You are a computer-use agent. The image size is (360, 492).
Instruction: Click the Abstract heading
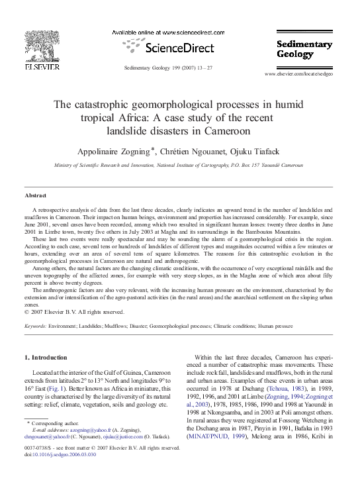35,197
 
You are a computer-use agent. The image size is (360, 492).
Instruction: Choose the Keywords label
36,326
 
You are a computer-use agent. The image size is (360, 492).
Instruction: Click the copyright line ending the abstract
74,312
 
